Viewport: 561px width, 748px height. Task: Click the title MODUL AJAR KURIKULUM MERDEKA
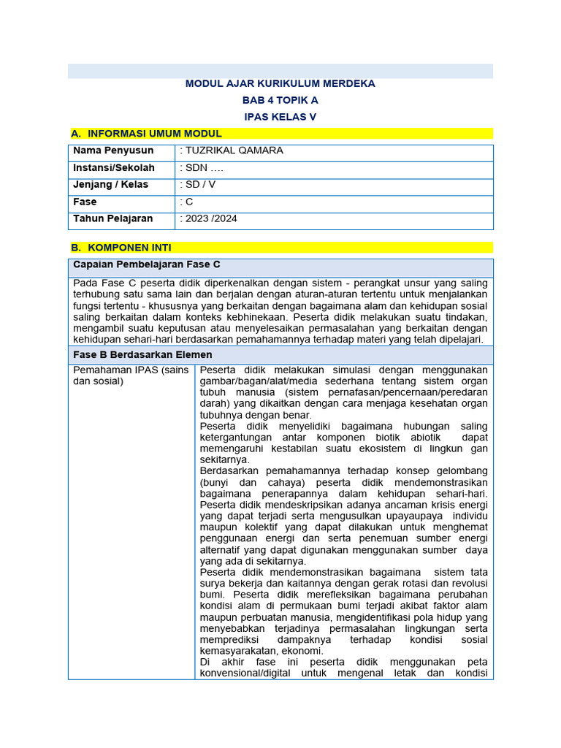pos(280,84)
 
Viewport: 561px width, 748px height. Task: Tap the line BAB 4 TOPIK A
pos(280,100)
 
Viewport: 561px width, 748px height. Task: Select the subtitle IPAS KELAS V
pos(280,117)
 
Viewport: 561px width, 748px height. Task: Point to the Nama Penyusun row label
pos(113,151)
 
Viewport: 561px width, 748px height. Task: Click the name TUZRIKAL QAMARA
pos(233,151)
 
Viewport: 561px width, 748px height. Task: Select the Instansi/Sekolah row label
pos(114,168)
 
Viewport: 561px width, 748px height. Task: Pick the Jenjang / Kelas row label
pos(111,185)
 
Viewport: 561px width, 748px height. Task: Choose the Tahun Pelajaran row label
pos(113,218)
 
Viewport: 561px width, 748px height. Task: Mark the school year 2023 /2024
pos(210,218)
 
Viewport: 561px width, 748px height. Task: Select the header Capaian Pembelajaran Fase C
pos(147,264)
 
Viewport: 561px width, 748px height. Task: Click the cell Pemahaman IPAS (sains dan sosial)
pos(131,375)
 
